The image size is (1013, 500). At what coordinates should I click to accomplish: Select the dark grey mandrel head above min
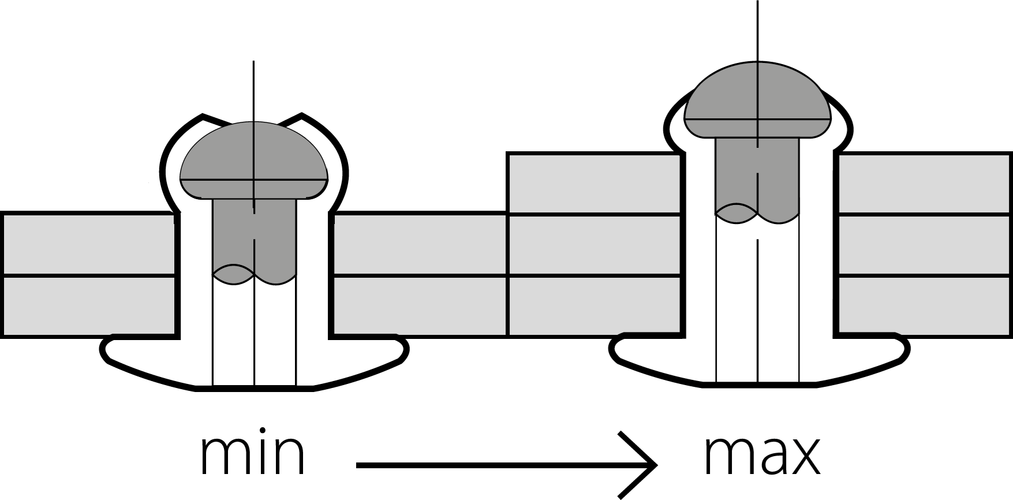[x=254, y=160]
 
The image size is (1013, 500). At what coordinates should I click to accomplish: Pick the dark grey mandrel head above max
[x=757, y=99]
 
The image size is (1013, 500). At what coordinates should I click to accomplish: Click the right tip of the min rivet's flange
[x=408, y=349]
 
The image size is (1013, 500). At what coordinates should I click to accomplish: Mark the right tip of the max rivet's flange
[x=909, y=348]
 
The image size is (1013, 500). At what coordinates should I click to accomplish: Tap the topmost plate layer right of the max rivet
[x=924, y=183]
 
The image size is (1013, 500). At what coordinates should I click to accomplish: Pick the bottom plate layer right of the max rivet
[x=924, y=305]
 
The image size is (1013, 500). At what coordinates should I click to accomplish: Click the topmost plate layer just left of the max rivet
[x=594, y=183]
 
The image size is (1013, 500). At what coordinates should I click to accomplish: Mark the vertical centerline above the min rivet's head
[x=253, y=91]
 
